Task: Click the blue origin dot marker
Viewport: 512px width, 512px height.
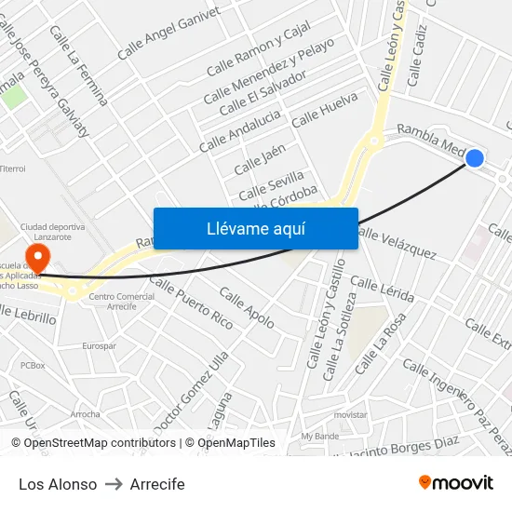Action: (x=474, y=158)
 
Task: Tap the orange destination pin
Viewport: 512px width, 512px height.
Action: (x=39, y=255)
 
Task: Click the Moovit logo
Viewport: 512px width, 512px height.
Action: (x=456, y=482)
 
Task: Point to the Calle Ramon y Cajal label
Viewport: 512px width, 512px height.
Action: (x=258, y=55)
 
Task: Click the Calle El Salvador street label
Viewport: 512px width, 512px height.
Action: (x=263, y=94)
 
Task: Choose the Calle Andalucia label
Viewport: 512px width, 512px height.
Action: (x=239, y=130)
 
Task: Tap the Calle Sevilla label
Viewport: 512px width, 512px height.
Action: (x=271, y=184)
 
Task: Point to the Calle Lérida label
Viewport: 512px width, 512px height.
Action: (x=383, y=289)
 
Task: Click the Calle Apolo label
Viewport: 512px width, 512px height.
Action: (x=247, y=307)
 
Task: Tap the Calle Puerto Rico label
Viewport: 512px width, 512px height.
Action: (x=191, y=303)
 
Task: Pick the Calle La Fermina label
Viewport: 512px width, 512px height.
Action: (x=79, y=65)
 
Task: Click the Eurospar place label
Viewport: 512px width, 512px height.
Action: (x=99, y=345)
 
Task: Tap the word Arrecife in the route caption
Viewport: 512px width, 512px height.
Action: (x=157, y=484)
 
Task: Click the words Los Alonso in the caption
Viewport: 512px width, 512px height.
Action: (x=58, y=484)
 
